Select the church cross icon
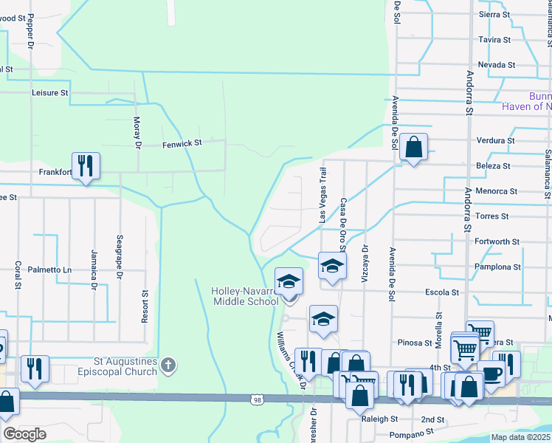pyautogui.click(x=169, y=365)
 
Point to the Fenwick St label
pyautogui.click(x=182, y=145)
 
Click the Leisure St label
pyautogui.click(x=49, y=93)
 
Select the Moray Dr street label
pyautogui.click(x=137, y=132)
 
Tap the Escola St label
pyautogui.click(x=442, y=292)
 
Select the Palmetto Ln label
pyautogui.click(x=49, y=269)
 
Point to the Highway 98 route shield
pyautogui.click(x=257, y=399)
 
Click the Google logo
pyautogui.click(x=24, y=434)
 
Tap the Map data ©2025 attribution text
pyautogui.click(x=520, y=437)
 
